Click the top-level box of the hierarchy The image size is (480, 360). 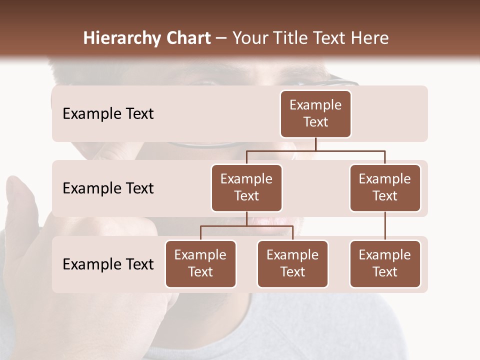[315, 113]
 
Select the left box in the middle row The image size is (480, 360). [246, 187]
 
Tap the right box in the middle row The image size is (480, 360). [385, 187]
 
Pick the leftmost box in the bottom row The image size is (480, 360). [200, 263]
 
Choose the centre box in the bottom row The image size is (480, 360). [292, 263]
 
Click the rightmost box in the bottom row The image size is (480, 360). [385, 263]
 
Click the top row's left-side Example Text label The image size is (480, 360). [108, 114]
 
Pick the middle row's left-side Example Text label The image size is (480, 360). [108, 188]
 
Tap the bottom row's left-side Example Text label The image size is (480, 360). [108, 264]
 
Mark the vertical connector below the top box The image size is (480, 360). [315, 144]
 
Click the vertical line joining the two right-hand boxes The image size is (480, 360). [385, 225]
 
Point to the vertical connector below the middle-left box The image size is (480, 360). [246, 218]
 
